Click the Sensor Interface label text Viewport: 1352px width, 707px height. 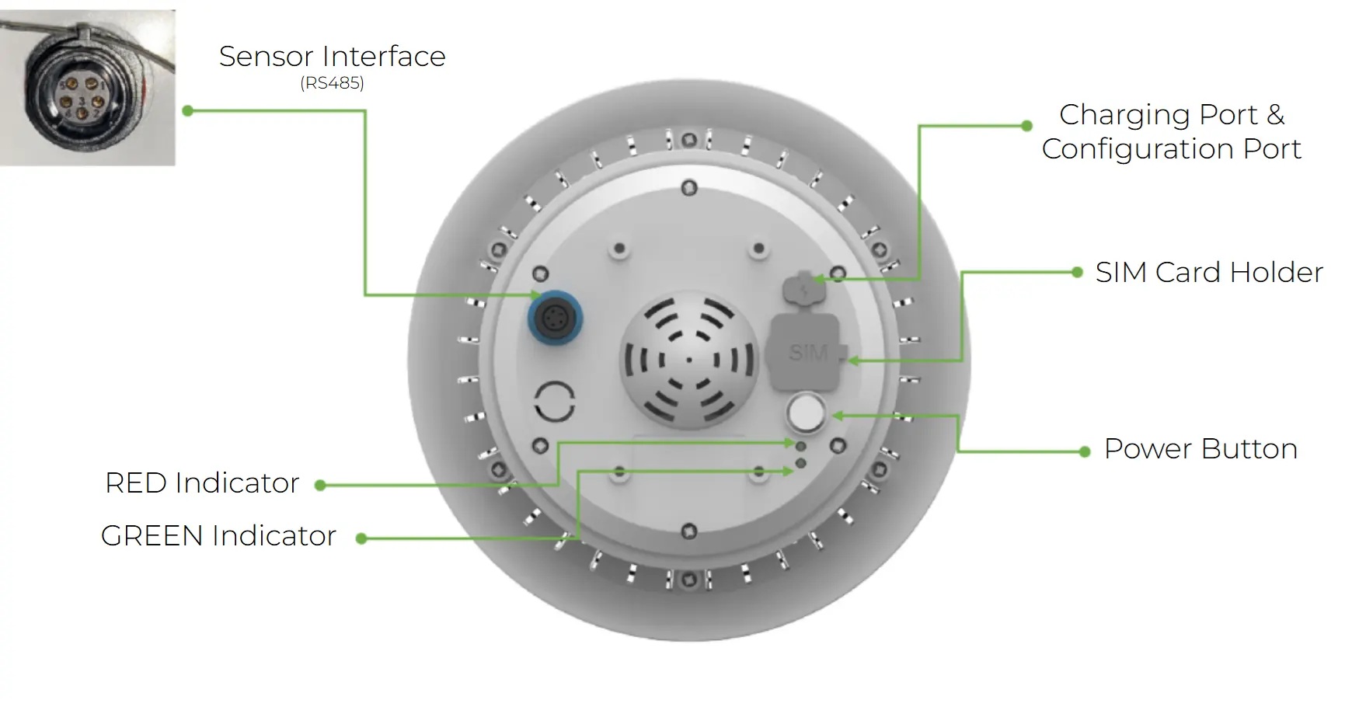(x=332, y=57)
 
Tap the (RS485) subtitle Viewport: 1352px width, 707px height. (x=332, y=83)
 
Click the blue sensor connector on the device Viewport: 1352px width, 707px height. (x=555, y=318)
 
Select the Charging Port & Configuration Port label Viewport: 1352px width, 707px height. (x=1171, y=131)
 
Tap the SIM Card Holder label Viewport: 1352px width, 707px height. (x=1209, y=273)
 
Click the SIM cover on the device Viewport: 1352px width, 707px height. (x=808, y=351)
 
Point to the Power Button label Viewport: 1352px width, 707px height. (x=1200, y=449)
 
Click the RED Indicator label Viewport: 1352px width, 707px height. (x=202, y=483)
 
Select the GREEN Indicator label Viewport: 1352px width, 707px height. (x=218, y=536)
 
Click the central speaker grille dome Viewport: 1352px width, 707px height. (x=688, y=360)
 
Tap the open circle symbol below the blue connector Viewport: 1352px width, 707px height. (x=555, y=402)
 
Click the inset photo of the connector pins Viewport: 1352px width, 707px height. (x=88, y=88)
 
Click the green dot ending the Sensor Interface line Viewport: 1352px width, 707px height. (x=187, y=111)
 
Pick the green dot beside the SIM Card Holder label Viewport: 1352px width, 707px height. (x=1077, y=272)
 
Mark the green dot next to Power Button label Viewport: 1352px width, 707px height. (x=1085, y=451)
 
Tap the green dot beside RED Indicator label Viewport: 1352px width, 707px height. (x=319, y=486)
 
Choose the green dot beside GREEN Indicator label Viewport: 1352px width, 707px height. (x=361, y=538)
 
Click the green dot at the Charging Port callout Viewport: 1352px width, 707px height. (x=1026, y=125)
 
